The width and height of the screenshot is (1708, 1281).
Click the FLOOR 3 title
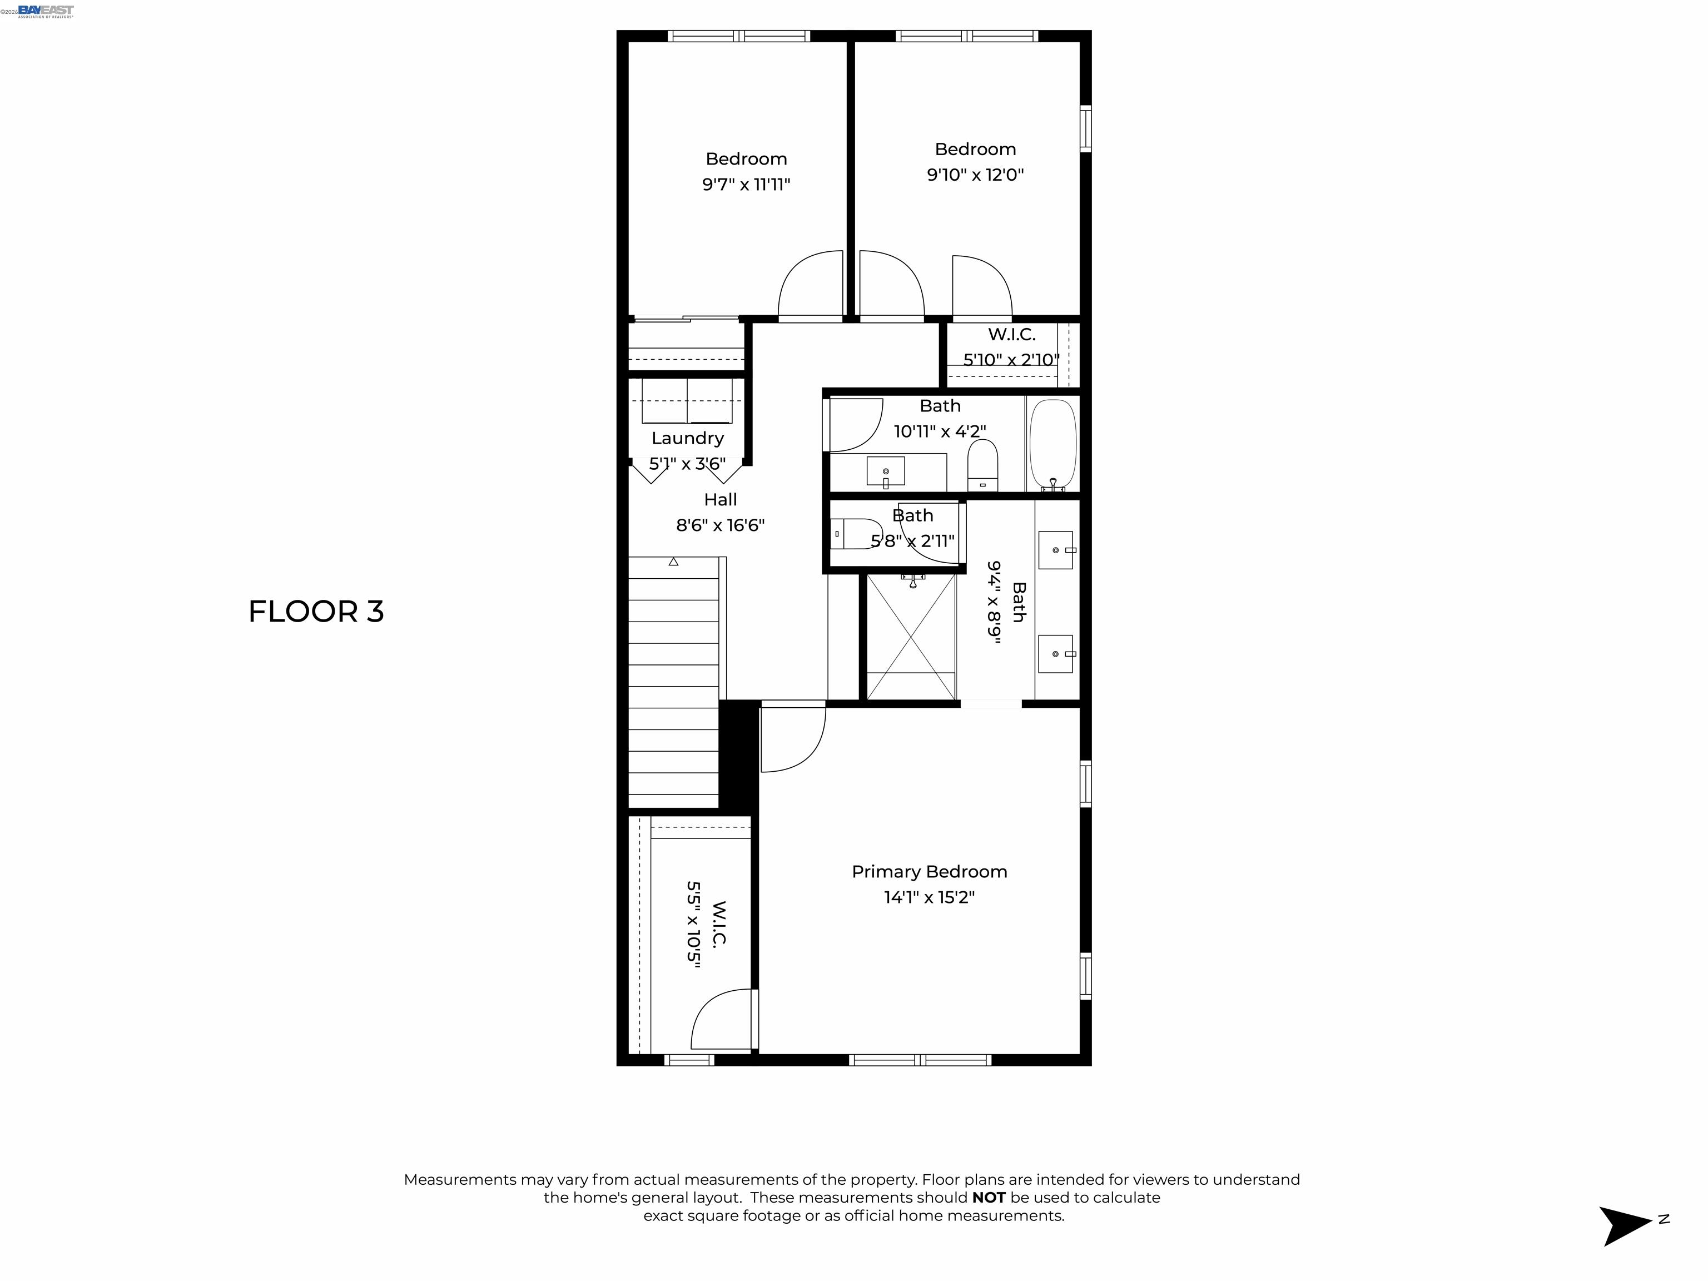coord(316,612)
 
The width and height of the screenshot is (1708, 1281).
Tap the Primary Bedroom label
coord(929,872)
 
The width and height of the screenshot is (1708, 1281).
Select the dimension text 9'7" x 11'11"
coord(746,185)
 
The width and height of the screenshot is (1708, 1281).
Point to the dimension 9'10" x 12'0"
coord(975,175)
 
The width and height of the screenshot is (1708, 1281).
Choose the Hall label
coord(721,500)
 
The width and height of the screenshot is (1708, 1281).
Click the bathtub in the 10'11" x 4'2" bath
coord(1052,445)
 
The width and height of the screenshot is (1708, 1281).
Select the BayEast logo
coord(46,11)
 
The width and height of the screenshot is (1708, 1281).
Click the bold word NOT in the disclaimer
coord(989,1198)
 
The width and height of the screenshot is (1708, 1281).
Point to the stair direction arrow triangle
coord(673,562)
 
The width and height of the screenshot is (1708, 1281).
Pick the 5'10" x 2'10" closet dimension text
coord(1011,360)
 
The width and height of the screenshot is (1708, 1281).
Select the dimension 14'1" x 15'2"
coord(930,897)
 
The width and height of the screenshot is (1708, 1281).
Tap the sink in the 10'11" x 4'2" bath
coord(886,471)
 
